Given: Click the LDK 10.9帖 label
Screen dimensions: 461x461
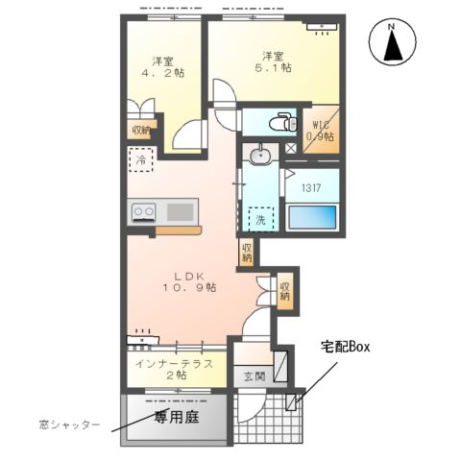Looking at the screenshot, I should pyautogui.click(x=187, y=280).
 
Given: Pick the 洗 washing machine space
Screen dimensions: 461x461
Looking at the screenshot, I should pyautogui.click(x=260, y=217).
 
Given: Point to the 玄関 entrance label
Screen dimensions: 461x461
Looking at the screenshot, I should pyautogui.click(x=253, y=376).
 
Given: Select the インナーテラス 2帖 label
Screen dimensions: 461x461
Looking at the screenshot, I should pyautogui.click(x=173, y=369).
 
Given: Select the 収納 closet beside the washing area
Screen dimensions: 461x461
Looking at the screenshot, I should pyautogui.click(x=248, y=253).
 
